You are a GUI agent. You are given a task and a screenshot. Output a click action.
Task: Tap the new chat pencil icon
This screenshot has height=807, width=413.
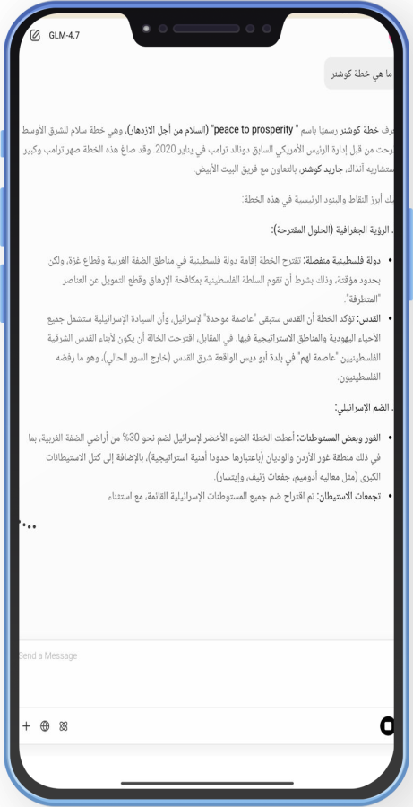pyautogui.click(x=35, y=36)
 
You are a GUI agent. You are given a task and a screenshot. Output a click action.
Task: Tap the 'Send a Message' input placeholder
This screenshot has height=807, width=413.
pyautogui.click(x=48, y=655)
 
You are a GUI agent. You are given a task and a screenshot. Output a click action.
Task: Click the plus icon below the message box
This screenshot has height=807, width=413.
pyautogui.click(x=26, y=725)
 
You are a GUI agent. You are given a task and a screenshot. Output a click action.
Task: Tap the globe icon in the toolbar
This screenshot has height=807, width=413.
pyautogui.click(x=45, y=725)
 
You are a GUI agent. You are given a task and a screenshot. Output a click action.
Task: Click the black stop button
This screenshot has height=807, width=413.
pyautogui.click(x=387, y=725)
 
